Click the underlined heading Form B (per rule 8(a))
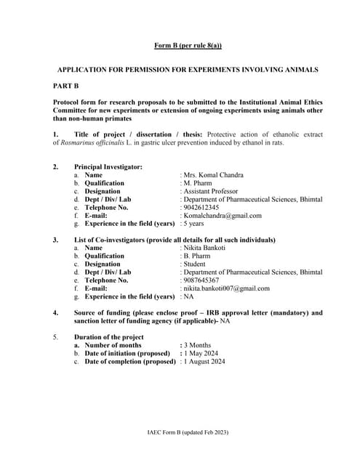point(188,46)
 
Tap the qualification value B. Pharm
point(200,256)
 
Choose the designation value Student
point(196,264)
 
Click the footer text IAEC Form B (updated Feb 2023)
point(188,432)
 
